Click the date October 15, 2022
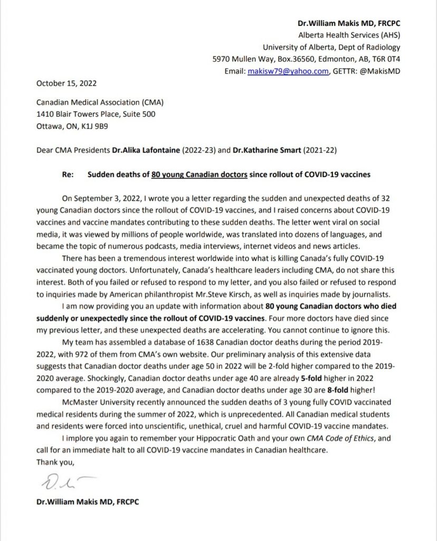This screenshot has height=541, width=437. pyautogui.click(x=66, y=83)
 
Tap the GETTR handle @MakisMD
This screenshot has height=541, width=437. pyautogui.click(x=380, y=71)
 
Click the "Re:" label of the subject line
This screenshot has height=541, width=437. pyautogui.click(x=68, y=174)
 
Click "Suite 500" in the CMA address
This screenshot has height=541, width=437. pyautogui.click(x=138, y=114)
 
